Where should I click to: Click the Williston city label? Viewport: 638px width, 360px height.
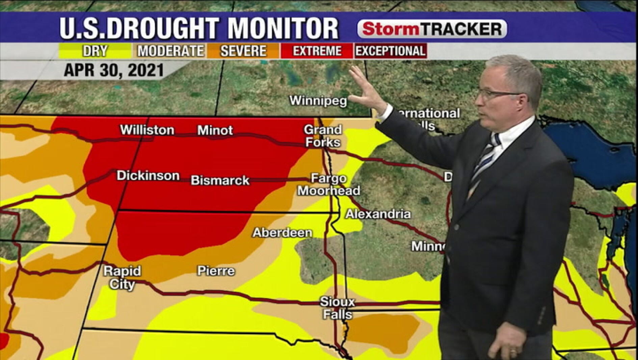[147, 130]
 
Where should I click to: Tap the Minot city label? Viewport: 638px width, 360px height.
[215, 130]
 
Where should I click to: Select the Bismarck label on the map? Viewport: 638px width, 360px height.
[220, 180]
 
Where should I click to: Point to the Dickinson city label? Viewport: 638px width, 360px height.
[148, 176]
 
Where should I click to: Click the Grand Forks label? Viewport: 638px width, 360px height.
[323, 136]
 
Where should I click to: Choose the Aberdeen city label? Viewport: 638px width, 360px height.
[283, 232]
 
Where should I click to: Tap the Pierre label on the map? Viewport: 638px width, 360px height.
[216, 271]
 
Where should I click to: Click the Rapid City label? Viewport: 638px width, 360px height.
[122, 277]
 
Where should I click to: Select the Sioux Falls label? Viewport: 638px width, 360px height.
[337, 308]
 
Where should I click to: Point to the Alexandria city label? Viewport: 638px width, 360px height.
[378, 214]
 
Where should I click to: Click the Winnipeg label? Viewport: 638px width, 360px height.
[318, 101]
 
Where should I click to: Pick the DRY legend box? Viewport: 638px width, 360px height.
[95, 51]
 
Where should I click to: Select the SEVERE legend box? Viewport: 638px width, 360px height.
[243, 51]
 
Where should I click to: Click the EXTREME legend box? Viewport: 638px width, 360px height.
[317, 51]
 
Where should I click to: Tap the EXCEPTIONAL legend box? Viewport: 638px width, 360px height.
[390, 51]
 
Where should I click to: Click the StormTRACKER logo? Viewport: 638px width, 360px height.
[432, 29]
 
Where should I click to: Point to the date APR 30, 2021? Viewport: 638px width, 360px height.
[114, 70]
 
